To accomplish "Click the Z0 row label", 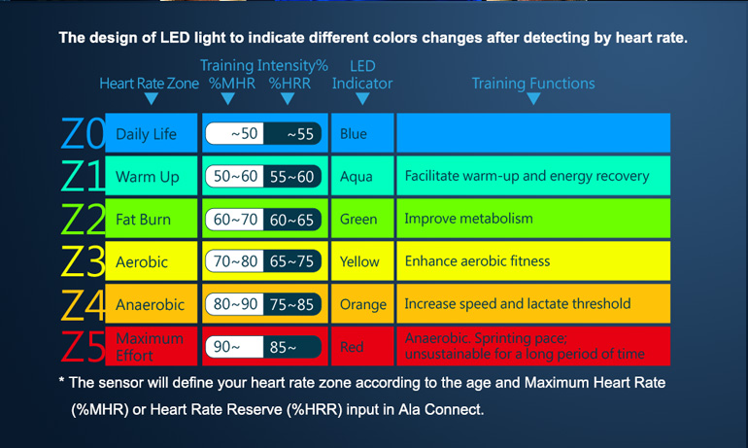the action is click(x=83, y=133).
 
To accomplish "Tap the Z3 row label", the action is click(x=83, y=261).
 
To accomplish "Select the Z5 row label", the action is click(x=83, y=346).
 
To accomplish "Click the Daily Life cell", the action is click(x=151, y=133).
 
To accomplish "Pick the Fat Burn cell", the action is click(x=151, y=219).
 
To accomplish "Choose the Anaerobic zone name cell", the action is click(x=151, y=304).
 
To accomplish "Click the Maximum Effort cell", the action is click(x=151, y=346).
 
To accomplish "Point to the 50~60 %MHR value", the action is click(x=235, y=177).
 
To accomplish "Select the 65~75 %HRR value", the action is click(x=291, y=261).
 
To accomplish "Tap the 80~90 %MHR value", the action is click(x=235, y=304).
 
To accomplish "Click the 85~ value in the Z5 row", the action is click(x=283, y=347).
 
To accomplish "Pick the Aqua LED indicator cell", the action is click(x=362, y=176).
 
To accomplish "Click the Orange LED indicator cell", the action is click(x=362, y=304).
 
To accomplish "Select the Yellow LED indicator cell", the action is click(x=362, y=261).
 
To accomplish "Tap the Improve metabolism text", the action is click(x=468, y=219).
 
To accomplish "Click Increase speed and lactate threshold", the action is click(x=518, y=303).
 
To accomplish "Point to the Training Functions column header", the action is click(x=533, y=83).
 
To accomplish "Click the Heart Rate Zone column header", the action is click(x=149, y=83).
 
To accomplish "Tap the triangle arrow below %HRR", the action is click(x=288, y=98).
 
